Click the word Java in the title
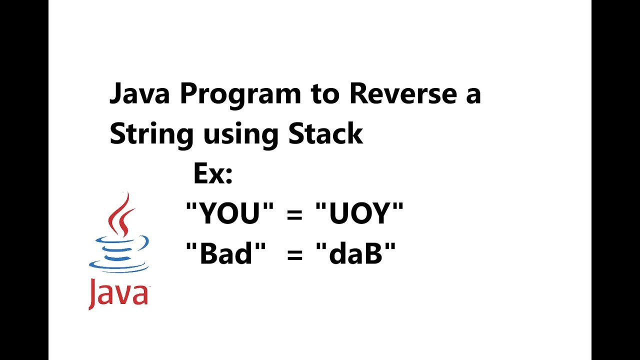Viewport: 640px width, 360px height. click(x=139, y=93)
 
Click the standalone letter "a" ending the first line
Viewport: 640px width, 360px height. click(x=472, y=95)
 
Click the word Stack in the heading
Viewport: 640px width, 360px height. click(x=325, y=133)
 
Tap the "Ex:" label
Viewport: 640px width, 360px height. click(x=213, y=174)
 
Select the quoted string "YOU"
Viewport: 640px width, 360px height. click(x=229, y=213)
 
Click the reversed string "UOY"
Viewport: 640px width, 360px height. click(x=359, y=213)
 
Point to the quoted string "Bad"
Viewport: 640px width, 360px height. click(x=225, y=253)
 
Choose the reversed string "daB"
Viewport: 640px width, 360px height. click(x=355, y=253)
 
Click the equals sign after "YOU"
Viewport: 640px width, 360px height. click(x=295, y=215)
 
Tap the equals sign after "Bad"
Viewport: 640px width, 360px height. click(x=295, y=255)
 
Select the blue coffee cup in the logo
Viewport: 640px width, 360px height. click(x=119, y=252)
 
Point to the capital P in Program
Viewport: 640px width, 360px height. click(x=187, y=93)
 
